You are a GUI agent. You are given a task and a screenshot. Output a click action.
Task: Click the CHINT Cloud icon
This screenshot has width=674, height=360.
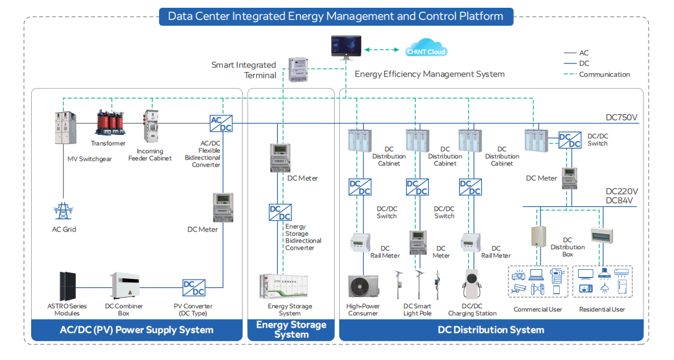[x=426, y=50]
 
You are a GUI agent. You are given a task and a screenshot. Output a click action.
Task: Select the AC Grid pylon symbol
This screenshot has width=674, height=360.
[x=64, y=211]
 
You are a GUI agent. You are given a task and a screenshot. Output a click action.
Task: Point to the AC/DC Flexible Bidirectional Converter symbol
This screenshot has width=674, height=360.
[x=221, y=123]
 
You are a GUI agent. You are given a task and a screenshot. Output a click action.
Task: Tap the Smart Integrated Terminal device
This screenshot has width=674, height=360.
[x=298, y=69]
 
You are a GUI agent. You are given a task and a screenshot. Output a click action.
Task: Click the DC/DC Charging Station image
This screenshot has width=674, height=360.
[x=472, y=285]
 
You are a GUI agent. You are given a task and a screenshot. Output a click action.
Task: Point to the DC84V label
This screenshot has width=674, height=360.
[x=620, y=201]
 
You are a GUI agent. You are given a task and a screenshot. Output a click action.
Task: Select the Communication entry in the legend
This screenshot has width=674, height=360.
[x=604, y=75]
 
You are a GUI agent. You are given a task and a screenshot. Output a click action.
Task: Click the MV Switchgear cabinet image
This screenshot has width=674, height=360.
[x=64, y=129]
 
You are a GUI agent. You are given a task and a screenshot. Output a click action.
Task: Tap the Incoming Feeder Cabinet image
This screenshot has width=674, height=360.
[x=151, y=126]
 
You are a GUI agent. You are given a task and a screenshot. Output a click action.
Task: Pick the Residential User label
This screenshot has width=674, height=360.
[x=601, y=309]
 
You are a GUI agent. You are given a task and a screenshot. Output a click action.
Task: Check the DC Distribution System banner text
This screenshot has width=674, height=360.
[x=490, y=330]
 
